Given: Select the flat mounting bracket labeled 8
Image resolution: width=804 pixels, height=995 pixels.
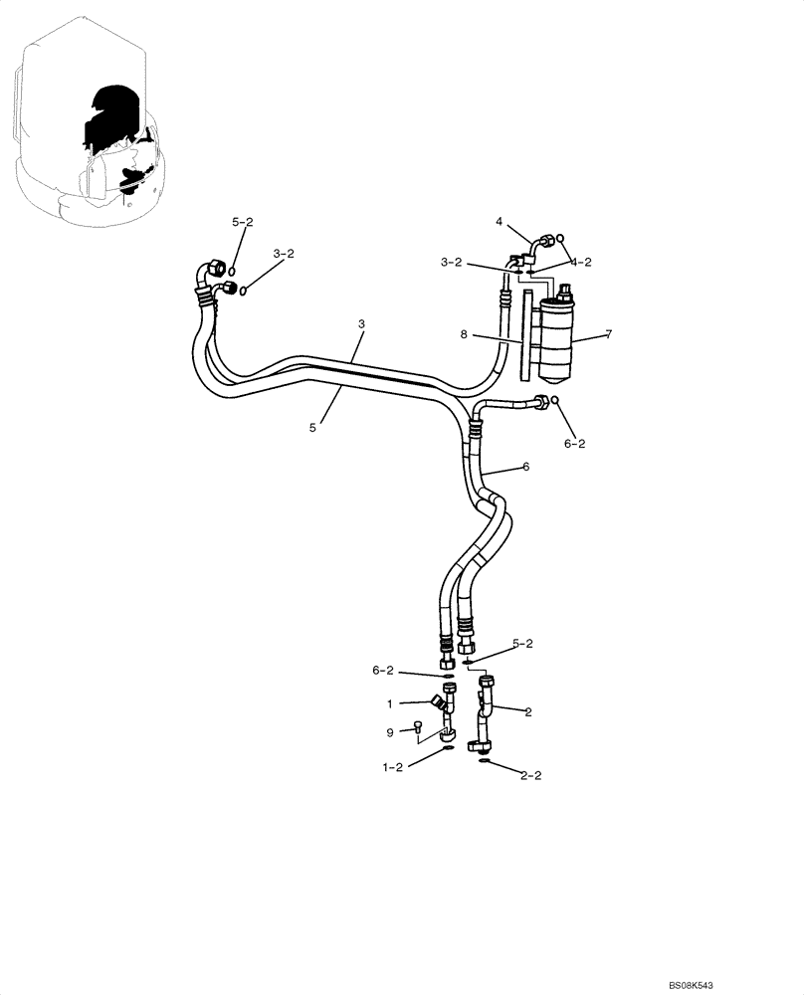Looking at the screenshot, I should [523, 333].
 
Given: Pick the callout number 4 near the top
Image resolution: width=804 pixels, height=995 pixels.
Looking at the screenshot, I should [499, 223].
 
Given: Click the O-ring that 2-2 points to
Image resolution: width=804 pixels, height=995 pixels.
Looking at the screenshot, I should [484, 761].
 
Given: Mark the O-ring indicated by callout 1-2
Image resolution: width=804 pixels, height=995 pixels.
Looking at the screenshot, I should [448, 748].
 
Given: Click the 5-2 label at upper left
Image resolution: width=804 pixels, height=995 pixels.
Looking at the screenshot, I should [243, 222].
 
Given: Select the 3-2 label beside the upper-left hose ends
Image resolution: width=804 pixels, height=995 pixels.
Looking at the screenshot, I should [285, 255].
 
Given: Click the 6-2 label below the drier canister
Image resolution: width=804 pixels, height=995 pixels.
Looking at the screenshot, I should [575, 444].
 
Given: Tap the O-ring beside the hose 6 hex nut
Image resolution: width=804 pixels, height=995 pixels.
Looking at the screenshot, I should [556, 401].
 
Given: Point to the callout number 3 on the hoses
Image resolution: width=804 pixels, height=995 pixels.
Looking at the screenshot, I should [362, 324].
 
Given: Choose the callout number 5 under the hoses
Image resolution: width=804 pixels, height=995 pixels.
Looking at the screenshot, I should [312, 427].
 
